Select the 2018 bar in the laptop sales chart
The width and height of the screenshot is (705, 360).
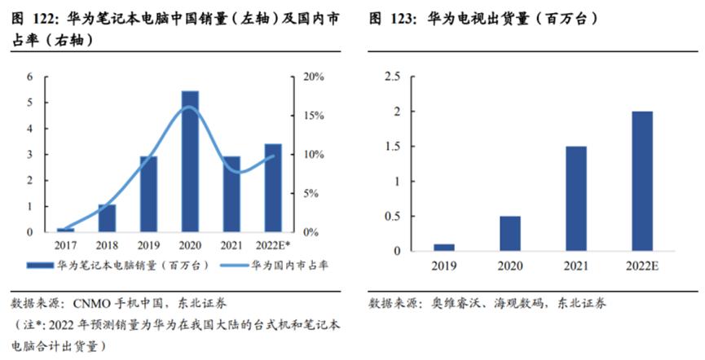pos(108,218)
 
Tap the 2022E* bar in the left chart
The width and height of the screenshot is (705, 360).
pos(273,188)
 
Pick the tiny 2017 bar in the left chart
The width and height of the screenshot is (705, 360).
pos(66,230)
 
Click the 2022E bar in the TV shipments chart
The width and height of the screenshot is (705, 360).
pos(642,181)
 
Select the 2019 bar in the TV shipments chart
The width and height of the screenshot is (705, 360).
pos(444,247)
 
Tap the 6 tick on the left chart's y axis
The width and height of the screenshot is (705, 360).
pos(30,77)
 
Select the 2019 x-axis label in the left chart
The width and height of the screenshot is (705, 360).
pos(148,244)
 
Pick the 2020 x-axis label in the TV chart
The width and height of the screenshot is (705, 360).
pos(510,265)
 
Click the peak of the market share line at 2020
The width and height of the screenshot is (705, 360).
pos(188,108)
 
